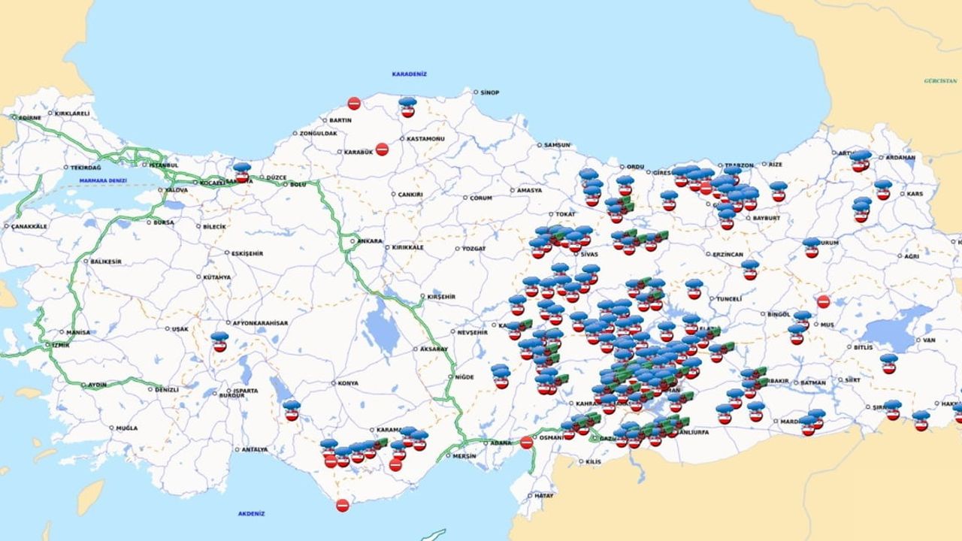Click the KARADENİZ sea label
[409, 74]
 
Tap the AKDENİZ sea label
[251, 514]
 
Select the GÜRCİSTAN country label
[940, 80]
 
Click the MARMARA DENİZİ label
[103, 180]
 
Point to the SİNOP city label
[489, 92]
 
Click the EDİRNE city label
[30, 118]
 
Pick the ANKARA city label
[370, 241]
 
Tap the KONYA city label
[348, 383]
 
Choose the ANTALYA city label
[255, 449]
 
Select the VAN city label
[929, 340]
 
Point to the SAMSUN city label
[557, 145]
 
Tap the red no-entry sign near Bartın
[354, 104]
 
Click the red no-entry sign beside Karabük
[382, 149]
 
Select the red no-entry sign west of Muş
[823, 301]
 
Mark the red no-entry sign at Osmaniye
[526, 443]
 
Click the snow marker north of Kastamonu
[407, 107]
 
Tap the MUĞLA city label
[126, 428]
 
